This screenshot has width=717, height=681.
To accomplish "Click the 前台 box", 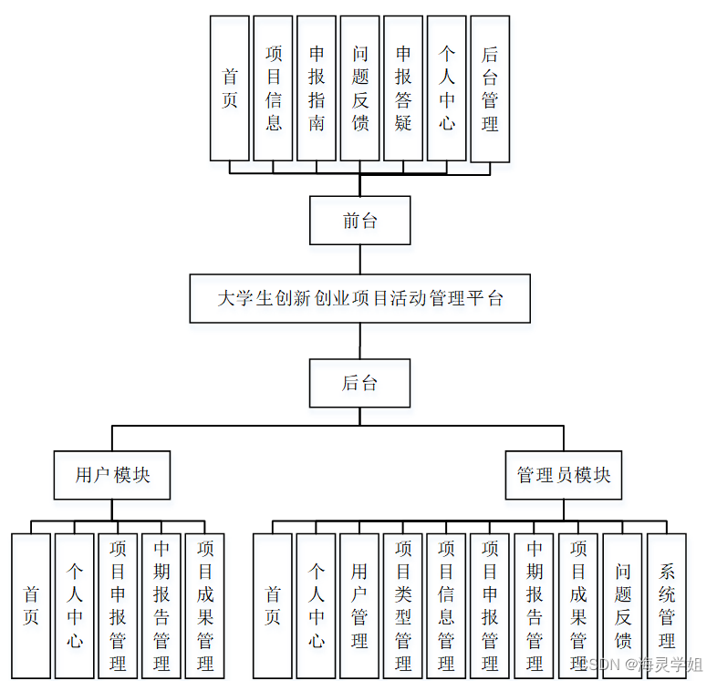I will (x=359, y=221).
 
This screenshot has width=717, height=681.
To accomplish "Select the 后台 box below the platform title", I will (x=359, y=383).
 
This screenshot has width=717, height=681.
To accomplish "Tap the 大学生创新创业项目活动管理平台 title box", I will (x=359, y=298).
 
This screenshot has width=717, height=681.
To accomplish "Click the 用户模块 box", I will (x=112, y=475).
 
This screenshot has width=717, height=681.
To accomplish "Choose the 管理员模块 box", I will (x=563, y=475).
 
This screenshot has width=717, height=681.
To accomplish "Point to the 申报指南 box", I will (x=317, y=88).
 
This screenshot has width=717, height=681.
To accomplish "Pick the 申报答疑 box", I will (x=403, y=88).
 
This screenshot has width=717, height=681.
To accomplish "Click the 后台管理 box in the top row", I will (x=490, y=88).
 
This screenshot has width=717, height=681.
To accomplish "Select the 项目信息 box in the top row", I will (x=273, y=88).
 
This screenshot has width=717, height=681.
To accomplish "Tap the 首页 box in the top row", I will (x=230, y=88).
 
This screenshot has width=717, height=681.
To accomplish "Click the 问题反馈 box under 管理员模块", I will (x=623, y=605).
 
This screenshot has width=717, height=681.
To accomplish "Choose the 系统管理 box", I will (x=667, y=605).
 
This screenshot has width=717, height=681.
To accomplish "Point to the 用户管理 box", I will (x=359, y=605).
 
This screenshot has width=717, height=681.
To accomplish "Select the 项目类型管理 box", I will (x=403, y=605).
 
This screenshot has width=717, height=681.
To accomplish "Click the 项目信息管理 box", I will (x=446, y=605).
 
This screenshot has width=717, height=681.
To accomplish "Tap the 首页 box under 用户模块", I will (x=31, y=605).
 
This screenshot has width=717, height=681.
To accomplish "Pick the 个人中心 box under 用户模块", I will (x=75, y=605).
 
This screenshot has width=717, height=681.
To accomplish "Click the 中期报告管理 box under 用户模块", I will (x=161, y=605).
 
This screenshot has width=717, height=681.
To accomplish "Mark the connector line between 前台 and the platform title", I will (x=359, y=259).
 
